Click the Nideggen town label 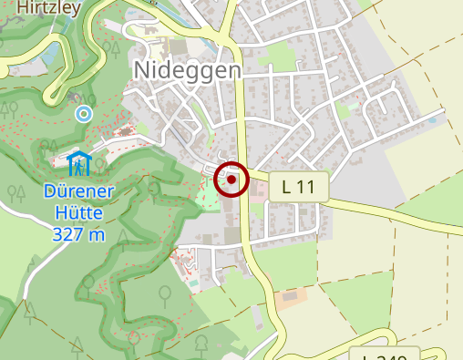(x=187, y=71)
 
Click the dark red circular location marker (x=232, y=180)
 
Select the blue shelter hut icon (x=80, y=164)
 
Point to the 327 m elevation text (x=78, y=235)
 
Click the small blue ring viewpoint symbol (x=84, y=114)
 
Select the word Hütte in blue (x=77, y=214)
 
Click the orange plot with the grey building (x=291, y=298)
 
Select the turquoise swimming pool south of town (x=194, y=285)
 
